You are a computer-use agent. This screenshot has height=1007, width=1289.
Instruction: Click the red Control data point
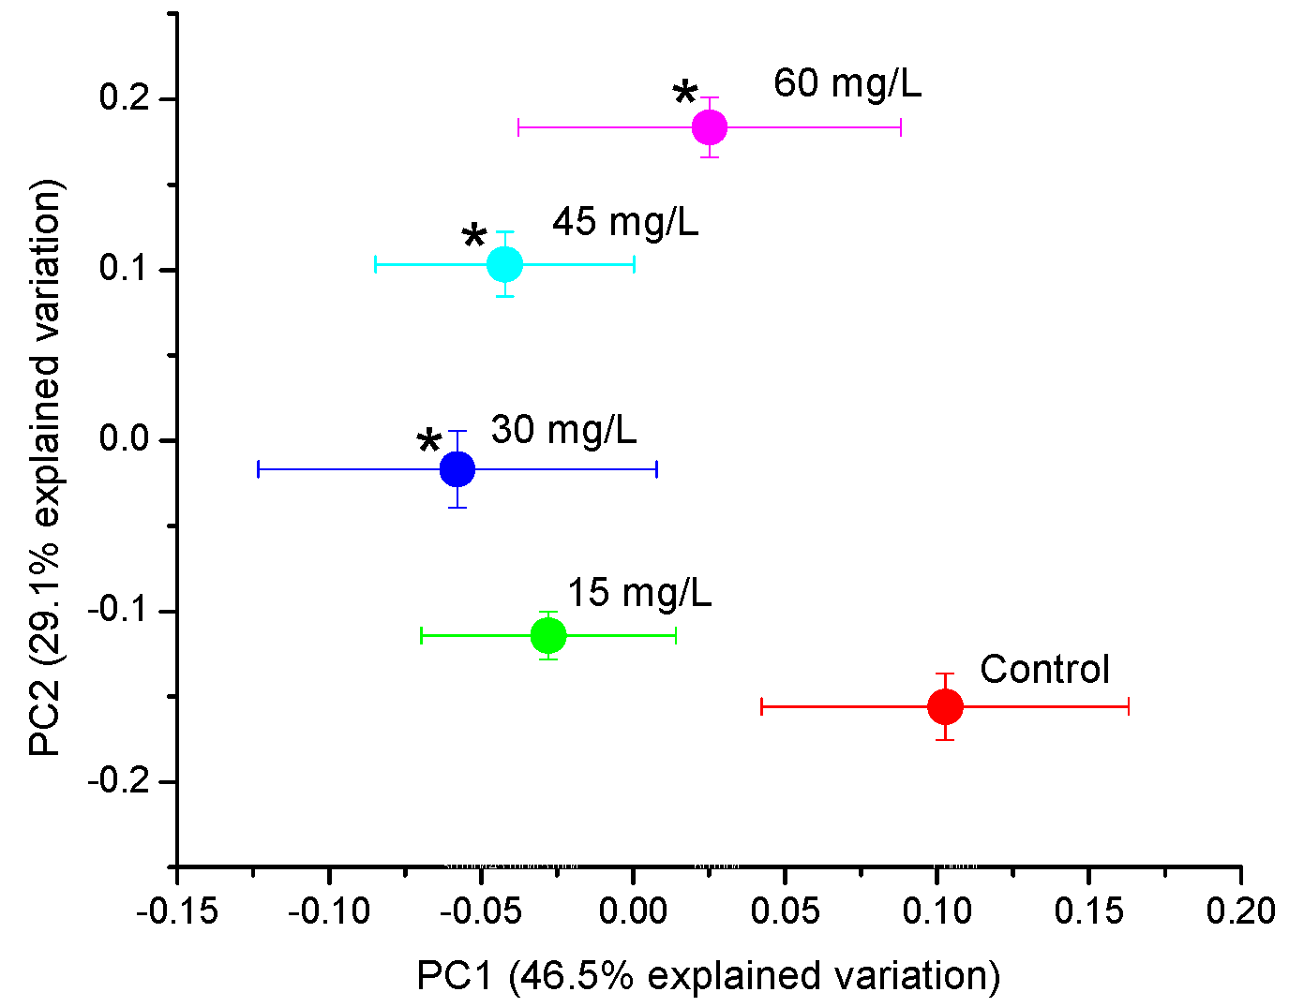945,706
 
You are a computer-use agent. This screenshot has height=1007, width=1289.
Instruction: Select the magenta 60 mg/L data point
710,127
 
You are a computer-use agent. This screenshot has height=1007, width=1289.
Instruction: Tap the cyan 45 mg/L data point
504,265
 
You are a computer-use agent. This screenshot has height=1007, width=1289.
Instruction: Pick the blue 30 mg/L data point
457,469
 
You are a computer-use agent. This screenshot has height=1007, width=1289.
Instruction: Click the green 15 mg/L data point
548,636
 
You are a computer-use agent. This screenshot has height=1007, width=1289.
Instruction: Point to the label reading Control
1044,670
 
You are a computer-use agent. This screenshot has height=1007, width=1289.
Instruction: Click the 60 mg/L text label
847,83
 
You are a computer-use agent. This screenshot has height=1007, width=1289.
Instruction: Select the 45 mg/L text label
625,223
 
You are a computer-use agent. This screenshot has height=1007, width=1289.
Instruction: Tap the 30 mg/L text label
563,430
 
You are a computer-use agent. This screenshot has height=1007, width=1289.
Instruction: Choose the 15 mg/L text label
639,593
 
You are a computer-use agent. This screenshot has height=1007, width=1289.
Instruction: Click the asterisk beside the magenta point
685,95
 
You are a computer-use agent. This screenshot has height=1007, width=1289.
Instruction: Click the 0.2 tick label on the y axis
127,98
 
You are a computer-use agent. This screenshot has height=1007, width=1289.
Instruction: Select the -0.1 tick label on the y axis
121,611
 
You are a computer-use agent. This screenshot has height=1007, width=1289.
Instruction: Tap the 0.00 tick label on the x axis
633,911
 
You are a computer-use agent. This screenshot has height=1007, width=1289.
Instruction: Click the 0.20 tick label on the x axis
1240,911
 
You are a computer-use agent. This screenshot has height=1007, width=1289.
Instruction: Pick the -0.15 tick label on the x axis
177,911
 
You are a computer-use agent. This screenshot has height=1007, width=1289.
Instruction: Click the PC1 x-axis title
708,976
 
